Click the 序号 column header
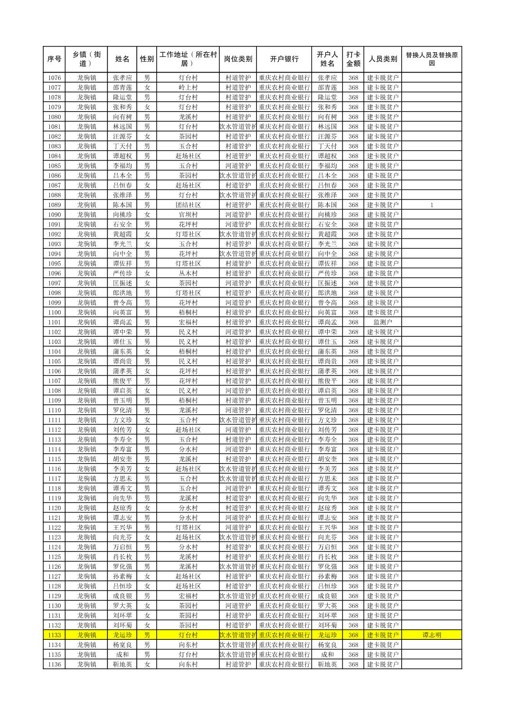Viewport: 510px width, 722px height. coord(54,59)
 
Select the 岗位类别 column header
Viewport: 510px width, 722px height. coord(238,59)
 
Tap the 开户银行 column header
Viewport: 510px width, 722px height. coord(284,59)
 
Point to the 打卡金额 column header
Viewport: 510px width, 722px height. coord(353,59)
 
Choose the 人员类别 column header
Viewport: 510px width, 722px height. coord(383,59)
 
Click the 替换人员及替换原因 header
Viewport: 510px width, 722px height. coord(431,59)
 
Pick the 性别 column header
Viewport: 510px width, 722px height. coord(147,59)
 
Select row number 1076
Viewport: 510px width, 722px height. coord(54,78)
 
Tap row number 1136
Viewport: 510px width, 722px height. coord(54,665)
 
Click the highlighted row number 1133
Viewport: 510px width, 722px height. coord(54,635)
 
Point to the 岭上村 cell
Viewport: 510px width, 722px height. coord(188,87)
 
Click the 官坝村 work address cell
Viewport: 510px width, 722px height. coord(188,215)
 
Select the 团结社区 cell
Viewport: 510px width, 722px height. coord(188,205)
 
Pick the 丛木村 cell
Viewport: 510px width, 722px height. coord(188,273)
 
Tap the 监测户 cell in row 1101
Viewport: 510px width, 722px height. coord(383,322)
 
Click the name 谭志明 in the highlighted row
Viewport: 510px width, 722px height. coord(431,635)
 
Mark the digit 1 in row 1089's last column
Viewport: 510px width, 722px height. coord(432,205)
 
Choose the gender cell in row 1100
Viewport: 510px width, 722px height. coord(147,313)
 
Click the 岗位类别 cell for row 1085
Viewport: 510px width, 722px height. coord(238,166)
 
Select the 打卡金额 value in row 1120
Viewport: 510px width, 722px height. coord(353,508)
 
